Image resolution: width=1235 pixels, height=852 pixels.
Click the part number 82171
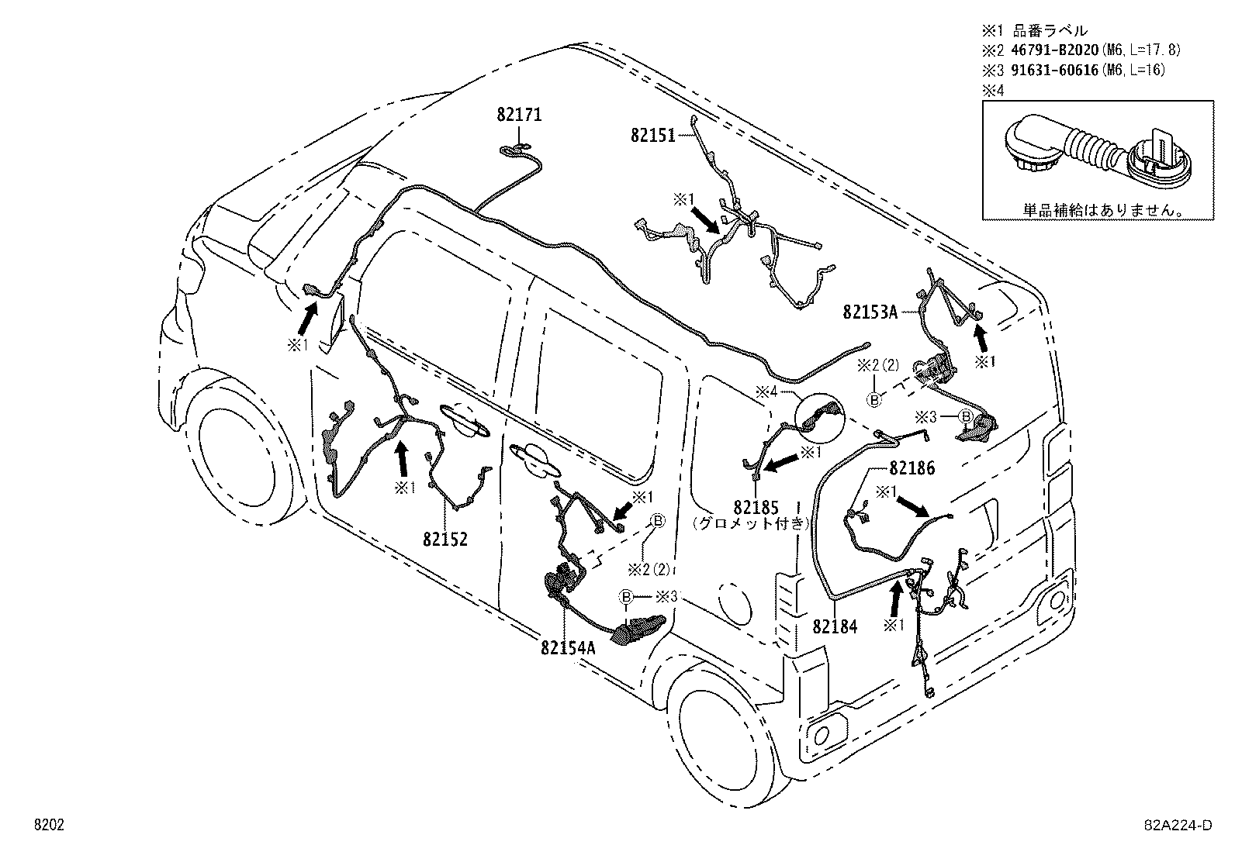(x=519, y=115)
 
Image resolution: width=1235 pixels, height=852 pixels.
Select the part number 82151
(x=652, y=134)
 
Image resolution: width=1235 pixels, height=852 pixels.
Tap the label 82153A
(x=870, y=312)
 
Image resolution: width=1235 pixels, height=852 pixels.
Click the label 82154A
(x=568, y=648)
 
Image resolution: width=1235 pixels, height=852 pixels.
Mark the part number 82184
(x=835, y=626)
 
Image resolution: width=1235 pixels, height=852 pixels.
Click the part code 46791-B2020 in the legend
(x=1051, y=50)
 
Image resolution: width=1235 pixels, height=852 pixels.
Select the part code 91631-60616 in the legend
(x=1051, y=70)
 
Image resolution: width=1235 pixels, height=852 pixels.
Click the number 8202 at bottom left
(x=47, y=826)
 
